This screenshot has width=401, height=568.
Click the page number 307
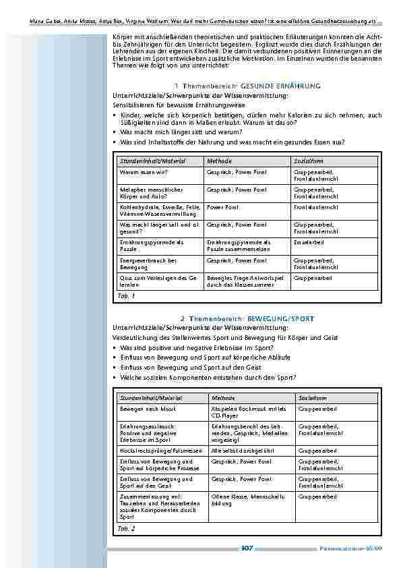(246, 548)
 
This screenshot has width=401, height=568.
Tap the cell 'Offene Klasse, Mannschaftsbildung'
(245, 500)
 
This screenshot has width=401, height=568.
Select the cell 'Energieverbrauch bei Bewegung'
(148, 263)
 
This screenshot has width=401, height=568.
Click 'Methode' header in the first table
(219, 161)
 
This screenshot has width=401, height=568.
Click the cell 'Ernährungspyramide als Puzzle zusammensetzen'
(239, 245)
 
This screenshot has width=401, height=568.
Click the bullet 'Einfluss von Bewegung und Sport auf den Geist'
(188, 368)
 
